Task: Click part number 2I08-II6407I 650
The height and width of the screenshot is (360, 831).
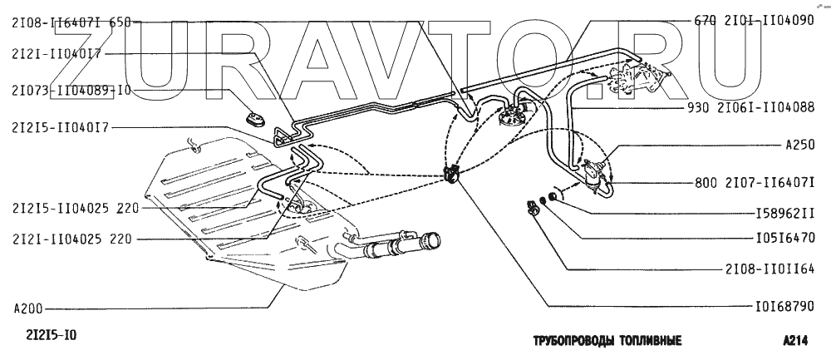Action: click(71, 23)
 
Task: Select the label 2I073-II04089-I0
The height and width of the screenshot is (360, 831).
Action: click(71, 90)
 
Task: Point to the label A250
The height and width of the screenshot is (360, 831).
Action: click(799, 144)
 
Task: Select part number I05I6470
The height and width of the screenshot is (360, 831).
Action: click(784, 237)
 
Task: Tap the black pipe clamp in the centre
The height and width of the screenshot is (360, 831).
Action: click(453, 175)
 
